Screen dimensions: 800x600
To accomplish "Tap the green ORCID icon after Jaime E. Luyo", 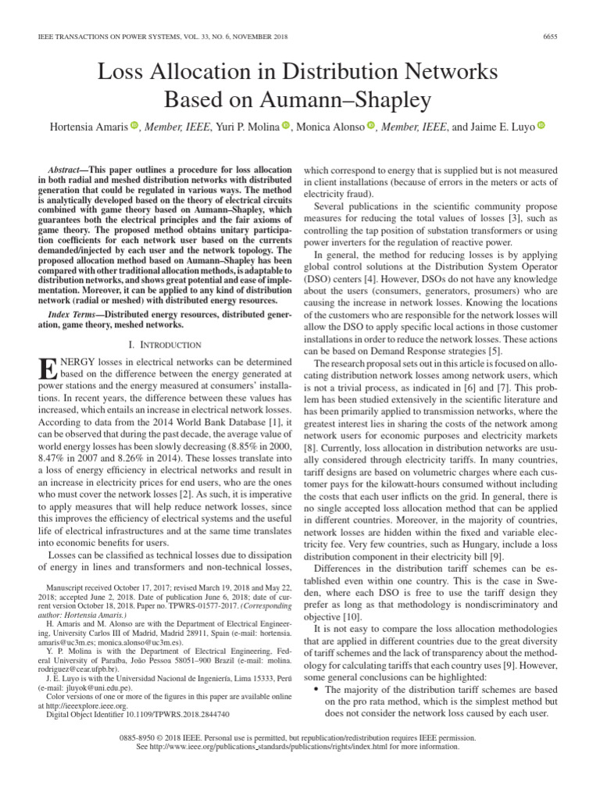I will point(541,126).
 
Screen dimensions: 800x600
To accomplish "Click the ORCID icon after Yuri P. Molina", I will point(285,126).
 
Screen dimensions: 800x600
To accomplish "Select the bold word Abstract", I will point(69,170).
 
